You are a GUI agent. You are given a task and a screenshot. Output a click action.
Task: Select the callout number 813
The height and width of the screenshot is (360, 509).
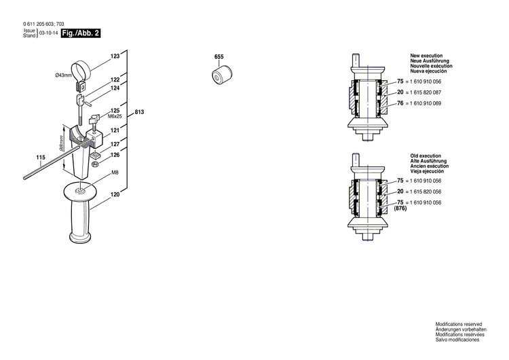pyautogui.click(x=139, y=112)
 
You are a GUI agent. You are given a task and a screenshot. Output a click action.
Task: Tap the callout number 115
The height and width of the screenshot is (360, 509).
pyautogui.click(x=41, y=158)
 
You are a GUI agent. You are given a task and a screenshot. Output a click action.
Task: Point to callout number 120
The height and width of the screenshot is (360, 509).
pyautogui.click(x=115, y=195)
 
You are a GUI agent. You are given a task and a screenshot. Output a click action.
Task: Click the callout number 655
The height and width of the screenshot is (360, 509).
pyautogui.click(x=219, y=56)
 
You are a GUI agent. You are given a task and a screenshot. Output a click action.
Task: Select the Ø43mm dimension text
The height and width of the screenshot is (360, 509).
pyautogui.click(x=64, y=75)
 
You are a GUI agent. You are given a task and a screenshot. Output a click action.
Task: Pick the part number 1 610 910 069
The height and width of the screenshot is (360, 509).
pyautogui.click(x=423, y=103)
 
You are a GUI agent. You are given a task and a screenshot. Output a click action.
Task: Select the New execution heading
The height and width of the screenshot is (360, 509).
pyautogui.click(x=425, y=54)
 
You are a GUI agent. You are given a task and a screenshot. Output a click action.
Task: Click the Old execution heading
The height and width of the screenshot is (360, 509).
pyautogui.click(x=424, y=156)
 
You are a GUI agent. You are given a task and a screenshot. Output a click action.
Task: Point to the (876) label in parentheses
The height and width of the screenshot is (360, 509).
pyautogui.click(x=400, y=209)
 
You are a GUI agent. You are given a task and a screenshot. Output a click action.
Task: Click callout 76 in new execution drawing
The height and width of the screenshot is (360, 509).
pyautogui.click(x=400, y=103)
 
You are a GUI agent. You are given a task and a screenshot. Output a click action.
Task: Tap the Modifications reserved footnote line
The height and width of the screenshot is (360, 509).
pyautogui.click(x=459, y=326)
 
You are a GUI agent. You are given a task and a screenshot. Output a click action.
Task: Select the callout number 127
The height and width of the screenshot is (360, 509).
pyautogui.click(x=115, y=144)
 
